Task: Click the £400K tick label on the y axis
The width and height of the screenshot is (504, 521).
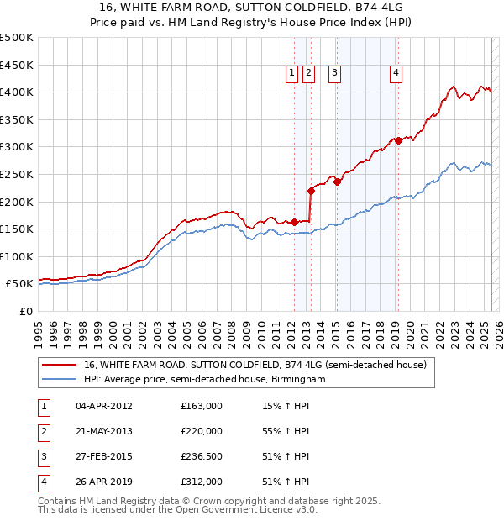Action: (x=17, y=92)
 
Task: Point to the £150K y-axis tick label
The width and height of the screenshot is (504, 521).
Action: (x=17, y=229)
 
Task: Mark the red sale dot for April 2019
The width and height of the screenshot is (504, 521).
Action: (x=398, y=140)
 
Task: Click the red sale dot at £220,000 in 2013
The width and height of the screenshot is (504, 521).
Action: (x=311, y=191)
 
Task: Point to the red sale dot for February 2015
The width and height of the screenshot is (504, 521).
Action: (x=337, y=182)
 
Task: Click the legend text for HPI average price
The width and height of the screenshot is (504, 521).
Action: (x=203, y=380)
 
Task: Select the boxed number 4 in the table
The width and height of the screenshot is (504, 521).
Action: (x=43, y=482)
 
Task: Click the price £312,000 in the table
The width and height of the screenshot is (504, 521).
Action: (x=202, y=482)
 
